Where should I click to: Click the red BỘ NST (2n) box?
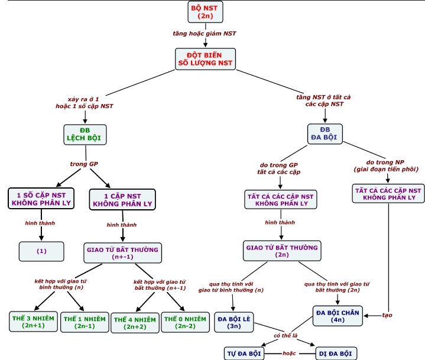pyautogui.click(x=205, y=12)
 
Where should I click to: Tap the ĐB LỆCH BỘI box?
pyautogui.click(x=85, y=135)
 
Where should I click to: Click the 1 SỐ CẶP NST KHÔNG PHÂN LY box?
pyautogui.click(x=41, y=199)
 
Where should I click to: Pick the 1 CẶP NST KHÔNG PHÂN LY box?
pyautogui.click(x=122, y=199)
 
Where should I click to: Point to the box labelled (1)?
pyautogui.click(x=41, y=251)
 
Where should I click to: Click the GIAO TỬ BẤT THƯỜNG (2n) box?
pyautogui.click(x=281, y=251)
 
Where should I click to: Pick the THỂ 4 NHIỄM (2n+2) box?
pyautogui.click(x=134, y=322)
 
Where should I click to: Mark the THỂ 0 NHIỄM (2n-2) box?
pyautogui.click(x=186, y=322)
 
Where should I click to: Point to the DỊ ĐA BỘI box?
pyautogui.click(x=335, y=353)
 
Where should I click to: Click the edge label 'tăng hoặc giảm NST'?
pyautogui.click(x=204, y=34)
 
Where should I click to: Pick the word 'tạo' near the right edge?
pyautogui.click(x=387, y=315)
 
